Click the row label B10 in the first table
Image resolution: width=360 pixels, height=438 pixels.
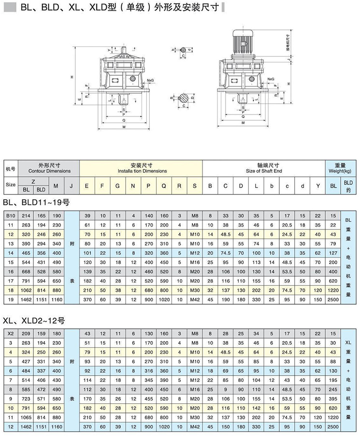[x=10, y=215]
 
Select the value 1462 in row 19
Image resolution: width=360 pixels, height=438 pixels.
[x=27, y=299]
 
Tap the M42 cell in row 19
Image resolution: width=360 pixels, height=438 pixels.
[x=194, y=299]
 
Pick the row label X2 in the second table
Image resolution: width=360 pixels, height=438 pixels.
[x=10, y=334]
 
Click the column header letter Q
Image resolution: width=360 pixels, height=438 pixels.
[x=164, y=185]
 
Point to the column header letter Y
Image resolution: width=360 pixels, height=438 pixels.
[x=317, y=185]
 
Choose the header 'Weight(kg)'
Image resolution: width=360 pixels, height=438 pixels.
[x=339, y=171]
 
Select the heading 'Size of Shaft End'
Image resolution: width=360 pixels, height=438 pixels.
[x=263, y=171]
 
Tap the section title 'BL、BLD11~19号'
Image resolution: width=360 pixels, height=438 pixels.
[x=36, y=202]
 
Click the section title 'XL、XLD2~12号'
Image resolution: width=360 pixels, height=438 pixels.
[x=33, y=320]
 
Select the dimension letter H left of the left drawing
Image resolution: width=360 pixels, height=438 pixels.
[x=71, y=77]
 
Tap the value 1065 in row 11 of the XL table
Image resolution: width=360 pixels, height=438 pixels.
[x=27, y=417]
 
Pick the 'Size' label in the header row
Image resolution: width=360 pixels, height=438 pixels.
[x=10, y=185]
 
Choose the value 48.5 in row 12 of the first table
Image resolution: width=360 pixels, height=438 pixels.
[x=226, y=234]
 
